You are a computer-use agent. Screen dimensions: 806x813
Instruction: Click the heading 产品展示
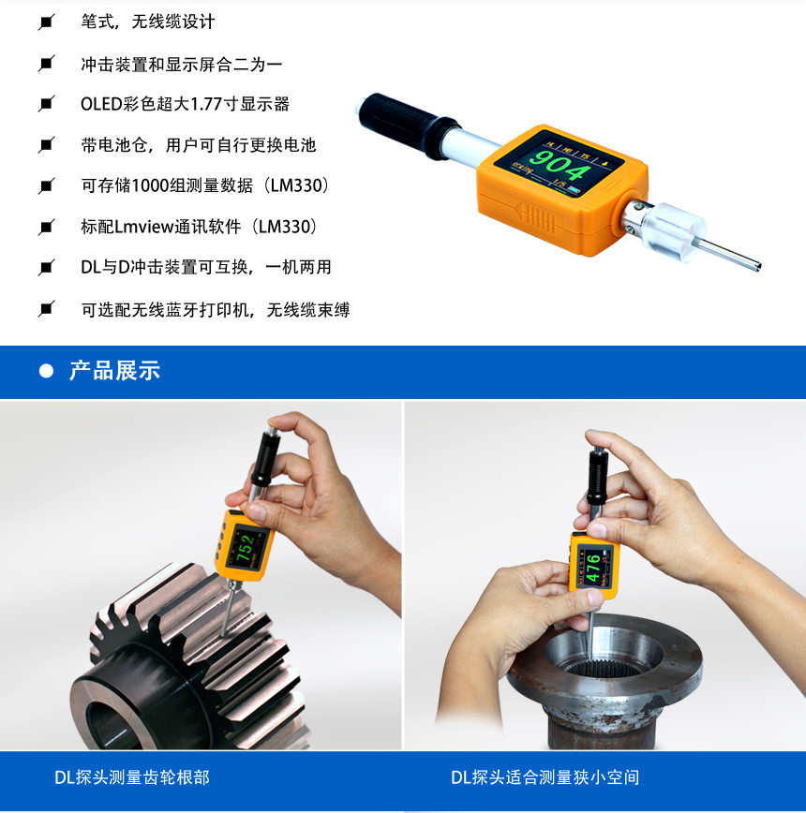[x=114, y=371]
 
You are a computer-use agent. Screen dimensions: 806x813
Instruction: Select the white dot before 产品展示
[x=46, y=371]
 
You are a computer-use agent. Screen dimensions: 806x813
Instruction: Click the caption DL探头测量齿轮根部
[x=132, y=777]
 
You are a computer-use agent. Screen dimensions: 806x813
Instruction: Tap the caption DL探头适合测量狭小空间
[x=545, y=777]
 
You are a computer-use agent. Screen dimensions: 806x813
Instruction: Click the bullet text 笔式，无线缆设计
[x=147, y=22]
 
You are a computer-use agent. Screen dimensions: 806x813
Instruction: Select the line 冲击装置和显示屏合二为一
[x=182, y=65]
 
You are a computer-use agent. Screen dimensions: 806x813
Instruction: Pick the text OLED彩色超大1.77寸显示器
[x=186, y=104]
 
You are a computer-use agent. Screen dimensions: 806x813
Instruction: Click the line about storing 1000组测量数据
[x=205, y=185]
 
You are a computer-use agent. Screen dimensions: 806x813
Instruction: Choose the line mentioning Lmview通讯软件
[x=200, y=227]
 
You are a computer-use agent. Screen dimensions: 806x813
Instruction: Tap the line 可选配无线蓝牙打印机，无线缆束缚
[x=216, y=310]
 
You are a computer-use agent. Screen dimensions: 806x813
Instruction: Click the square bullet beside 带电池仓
[x=46, y=144]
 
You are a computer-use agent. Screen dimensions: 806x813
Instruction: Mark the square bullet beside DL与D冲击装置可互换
[x=46, y=268]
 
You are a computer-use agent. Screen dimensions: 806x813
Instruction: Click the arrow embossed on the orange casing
[x=535, y=216]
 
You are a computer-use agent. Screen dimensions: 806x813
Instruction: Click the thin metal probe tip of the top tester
[x=732, y=254]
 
